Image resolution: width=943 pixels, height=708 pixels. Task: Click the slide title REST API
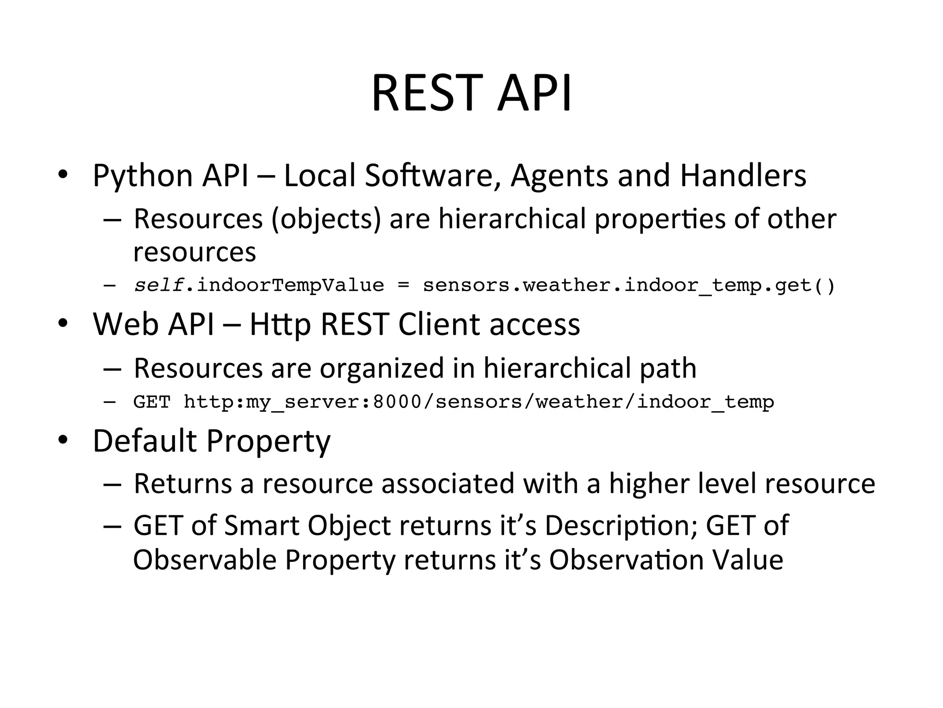click(471, 93)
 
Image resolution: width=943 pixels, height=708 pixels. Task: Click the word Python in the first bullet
click(142, 176)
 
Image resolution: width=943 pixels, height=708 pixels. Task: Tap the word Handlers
click(743, 176)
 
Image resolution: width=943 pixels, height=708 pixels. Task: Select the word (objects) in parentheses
click(326, 219)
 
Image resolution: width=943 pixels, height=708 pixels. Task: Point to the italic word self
click(159, 286)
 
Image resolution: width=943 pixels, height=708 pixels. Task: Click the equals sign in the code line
click(403, 286)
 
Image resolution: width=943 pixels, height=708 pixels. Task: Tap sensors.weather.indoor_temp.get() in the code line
click(629, 286)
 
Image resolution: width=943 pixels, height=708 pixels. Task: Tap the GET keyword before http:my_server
click(151, 402)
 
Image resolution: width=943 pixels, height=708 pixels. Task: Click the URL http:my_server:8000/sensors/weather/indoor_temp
click(478, 402)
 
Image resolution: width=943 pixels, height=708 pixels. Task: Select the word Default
click(145, 441)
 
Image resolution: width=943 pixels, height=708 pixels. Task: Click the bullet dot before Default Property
click(63, 440)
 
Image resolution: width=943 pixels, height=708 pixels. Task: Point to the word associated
click(447, 484)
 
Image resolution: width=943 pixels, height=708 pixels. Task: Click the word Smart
click(261, 525)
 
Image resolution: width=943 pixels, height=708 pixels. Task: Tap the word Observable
click(204, 560)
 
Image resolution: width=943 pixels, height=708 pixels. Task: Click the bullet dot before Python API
click(63, 175)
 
